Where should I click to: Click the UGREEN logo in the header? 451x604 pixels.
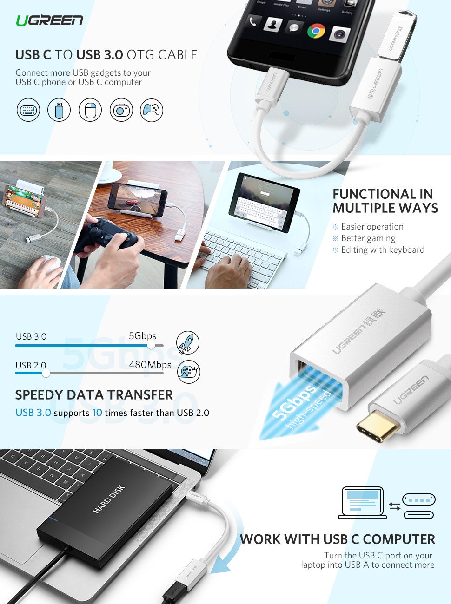[x=49, y=20]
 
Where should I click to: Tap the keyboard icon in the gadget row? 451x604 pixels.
[x=28, y=111]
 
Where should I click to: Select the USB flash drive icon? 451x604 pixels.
[x=59, y=111]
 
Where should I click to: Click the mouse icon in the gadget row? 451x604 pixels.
[x=90, y=111]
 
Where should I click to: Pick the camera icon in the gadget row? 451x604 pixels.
[x=121, y=111]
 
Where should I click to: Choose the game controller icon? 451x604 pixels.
[x=152, y=111]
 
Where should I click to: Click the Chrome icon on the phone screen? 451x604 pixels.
[x=316, y=31]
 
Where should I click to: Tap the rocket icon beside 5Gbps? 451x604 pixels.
[x=188, y=343]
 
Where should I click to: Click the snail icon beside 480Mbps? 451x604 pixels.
[x=188, y=372]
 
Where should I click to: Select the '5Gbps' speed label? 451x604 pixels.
[x=142, y=336]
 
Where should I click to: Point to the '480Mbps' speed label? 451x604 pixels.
[x=150, y=365]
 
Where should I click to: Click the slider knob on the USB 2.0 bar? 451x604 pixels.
[x=46, y=373]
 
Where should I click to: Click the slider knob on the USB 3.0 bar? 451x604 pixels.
[x=151, y=346]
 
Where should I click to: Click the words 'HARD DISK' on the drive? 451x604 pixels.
[x=109, y=499]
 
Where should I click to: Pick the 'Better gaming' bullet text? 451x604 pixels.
[x=368, y=238]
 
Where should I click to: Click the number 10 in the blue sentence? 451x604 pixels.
[x=97, y=413]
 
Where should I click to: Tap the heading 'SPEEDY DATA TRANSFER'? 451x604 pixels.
[x=94, y=395]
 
